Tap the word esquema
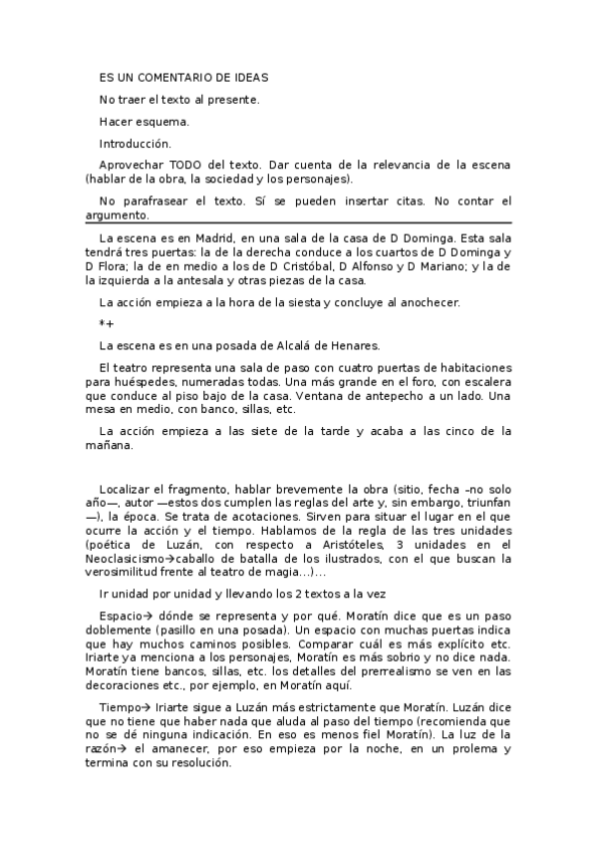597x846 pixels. [165, 122]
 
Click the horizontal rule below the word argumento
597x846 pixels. [298, 222]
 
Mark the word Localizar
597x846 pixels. [128, 490]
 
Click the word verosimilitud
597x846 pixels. [128, 573]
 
